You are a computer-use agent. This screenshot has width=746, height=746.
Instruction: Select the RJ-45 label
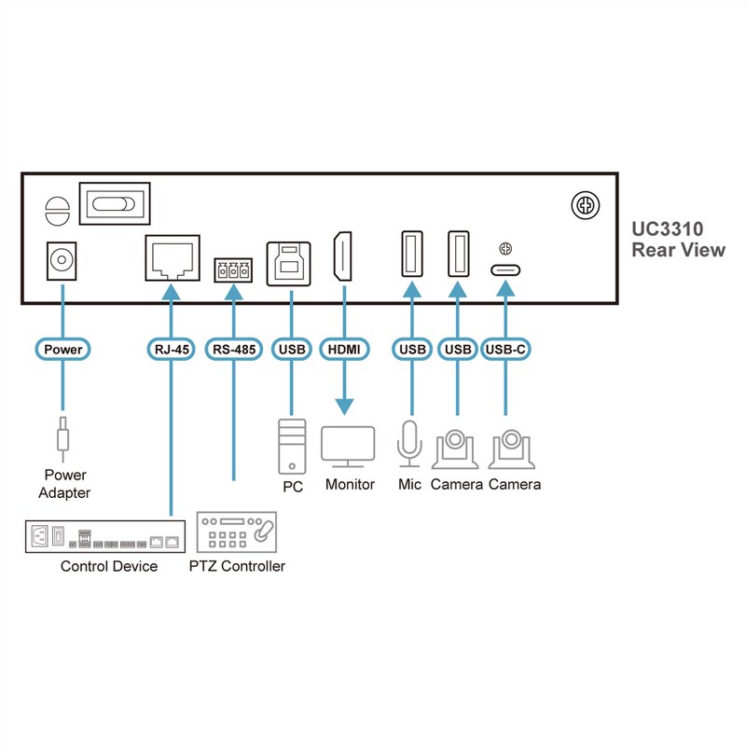(172, 350)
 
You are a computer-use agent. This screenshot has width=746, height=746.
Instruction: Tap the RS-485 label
(233, 350)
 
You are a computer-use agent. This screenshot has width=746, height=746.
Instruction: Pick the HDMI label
(343, 350)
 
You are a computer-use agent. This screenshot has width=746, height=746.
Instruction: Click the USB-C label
(506, 350)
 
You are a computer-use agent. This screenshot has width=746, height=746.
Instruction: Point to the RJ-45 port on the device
(173, 258)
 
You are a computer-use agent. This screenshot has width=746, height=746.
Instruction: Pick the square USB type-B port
(290, 261)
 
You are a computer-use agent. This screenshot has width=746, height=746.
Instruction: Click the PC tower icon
(292, 446)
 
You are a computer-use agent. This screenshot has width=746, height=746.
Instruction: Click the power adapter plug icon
(62, 435)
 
